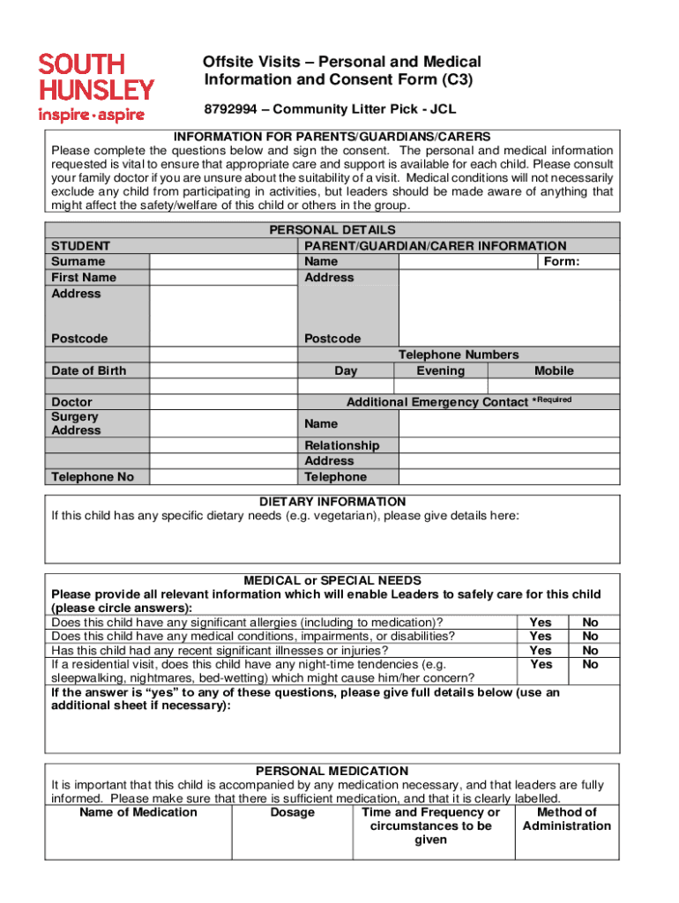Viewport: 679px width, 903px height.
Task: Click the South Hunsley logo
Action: coord(95,86)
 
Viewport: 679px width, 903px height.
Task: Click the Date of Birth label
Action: coord(89,371)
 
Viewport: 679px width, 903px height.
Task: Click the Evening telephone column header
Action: coord(440,371)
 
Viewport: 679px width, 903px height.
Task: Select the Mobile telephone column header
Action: coord(554,371)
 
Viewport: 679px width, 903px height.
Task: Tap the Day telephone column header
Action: coord(346,371)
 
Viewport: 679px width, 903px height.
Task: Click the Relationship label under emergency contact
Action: coord(342,445)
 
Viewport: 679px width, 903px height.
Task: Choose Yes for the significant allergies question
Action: coord(541,623)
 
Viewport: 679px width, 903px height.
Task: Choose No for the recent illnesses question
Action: coord(591,651)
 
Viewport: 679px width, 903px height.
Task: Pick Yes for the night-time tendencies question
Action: coord(541,665)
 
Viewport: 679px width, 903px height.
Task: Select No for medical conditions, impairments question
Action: coord(591,637)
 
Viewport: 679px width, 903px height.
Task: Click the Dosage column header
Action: coord(292,812)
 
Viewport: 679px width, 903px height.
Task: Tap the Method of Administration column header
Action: coord(566,819)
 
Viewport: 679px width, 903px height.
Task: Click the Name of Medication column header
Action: coord(138,812)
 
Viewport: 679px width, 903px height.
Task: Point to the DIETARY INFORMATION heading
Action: coord(332,502)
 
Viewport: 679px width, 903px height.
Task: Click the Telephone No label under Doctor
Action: coord(93,477)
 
